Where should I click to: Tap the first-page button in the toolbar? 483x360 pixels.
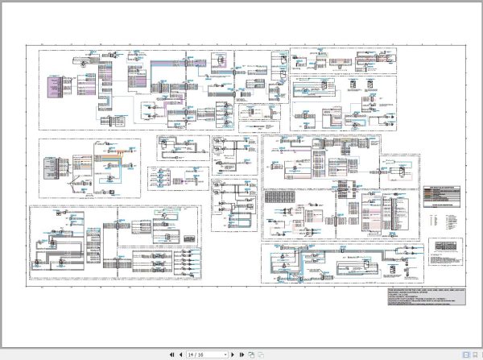(x=171, y=354)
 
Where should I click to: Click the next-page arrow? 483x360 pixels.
(x=233, y=354)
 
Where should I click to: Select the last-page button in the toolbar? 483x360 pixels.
(x=242, y=354)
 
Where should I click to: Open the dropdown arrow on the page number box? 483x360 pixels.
(x=225, y=354)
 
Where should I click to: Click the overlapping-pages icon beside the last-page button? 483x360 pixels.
(x=251, y=354)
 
